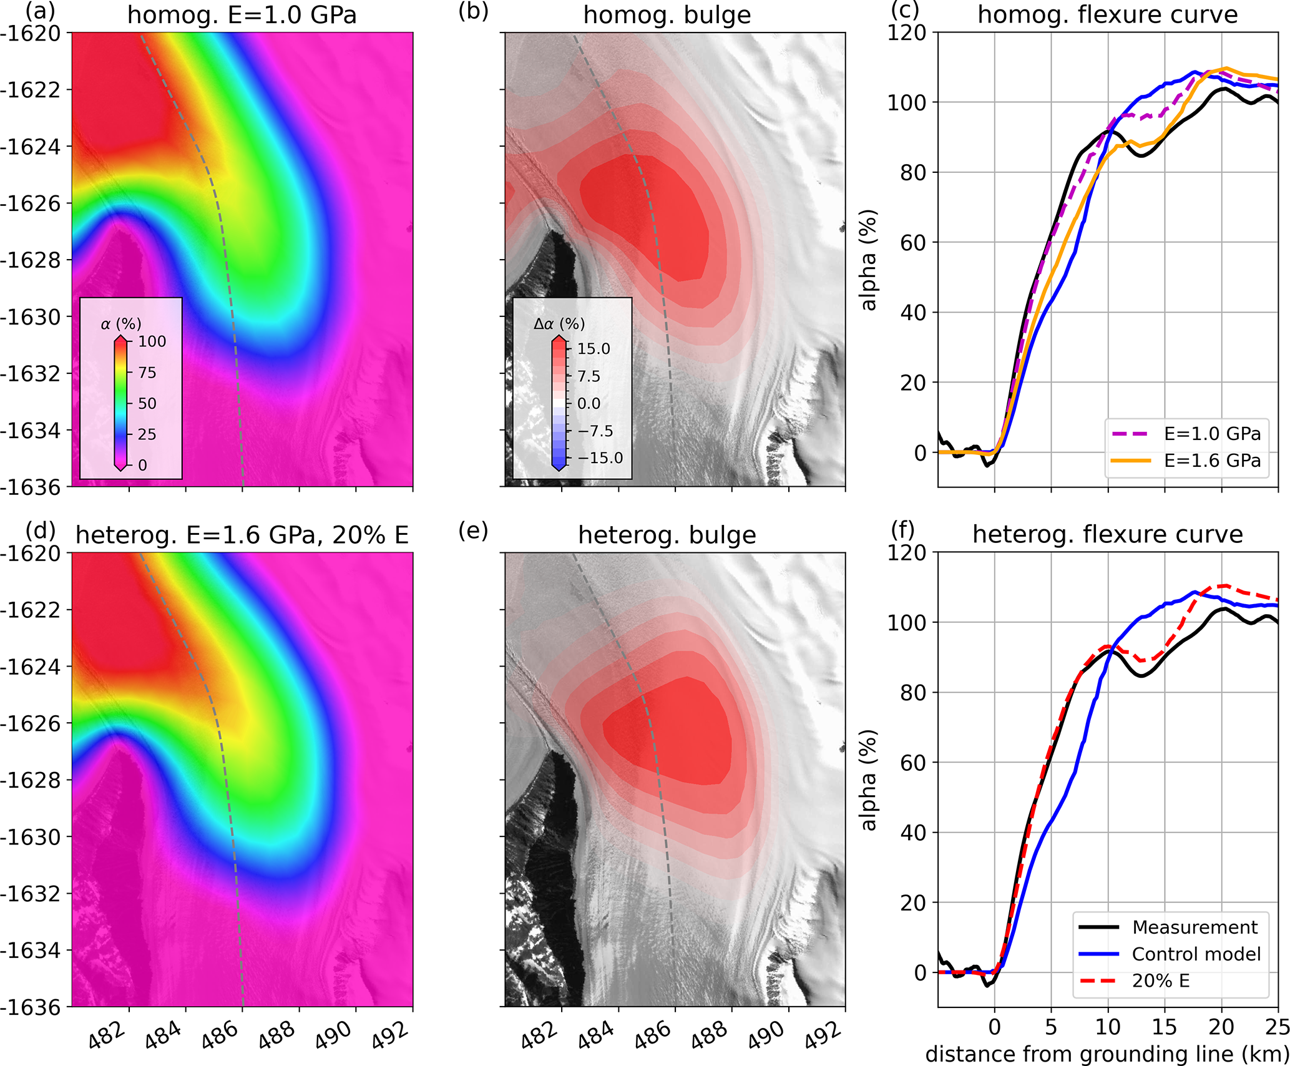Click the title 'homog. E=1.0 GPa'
(242, 14)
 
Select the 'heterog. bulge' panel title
(667, 535)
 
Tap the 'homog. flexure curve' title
(1107, 14)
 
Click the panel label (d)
(40, 531)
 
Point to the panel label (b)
(473, 11)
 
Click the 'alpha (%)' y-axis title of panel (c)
(868, 260)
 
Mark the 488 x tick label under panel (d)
(276, 1034)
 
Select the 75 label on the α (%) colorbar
(147, 373)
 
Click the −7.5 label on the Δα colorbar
(595, 431)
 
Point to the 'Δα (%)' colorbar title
(559, 323)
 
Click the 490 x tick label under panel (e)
(766, 1034)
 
